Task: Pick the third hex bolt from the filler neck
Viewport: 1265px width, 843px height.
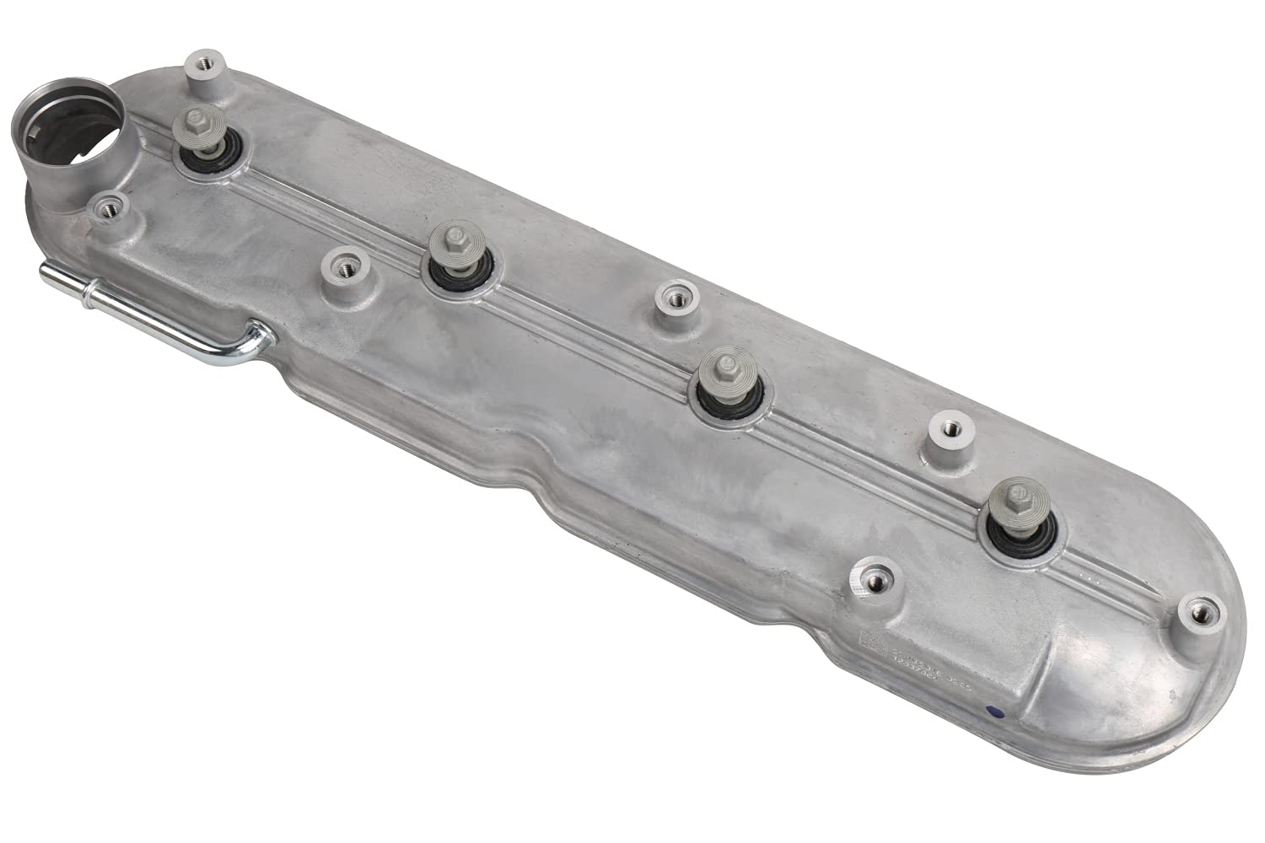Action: click(725, 368)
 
